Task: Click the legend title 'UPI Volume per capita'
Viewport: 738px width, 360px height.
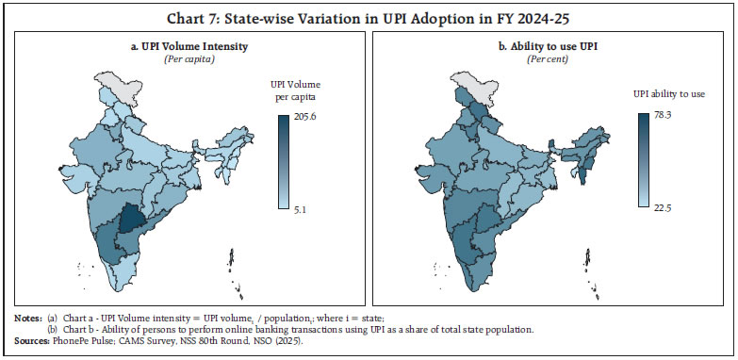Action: (297, 90)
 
